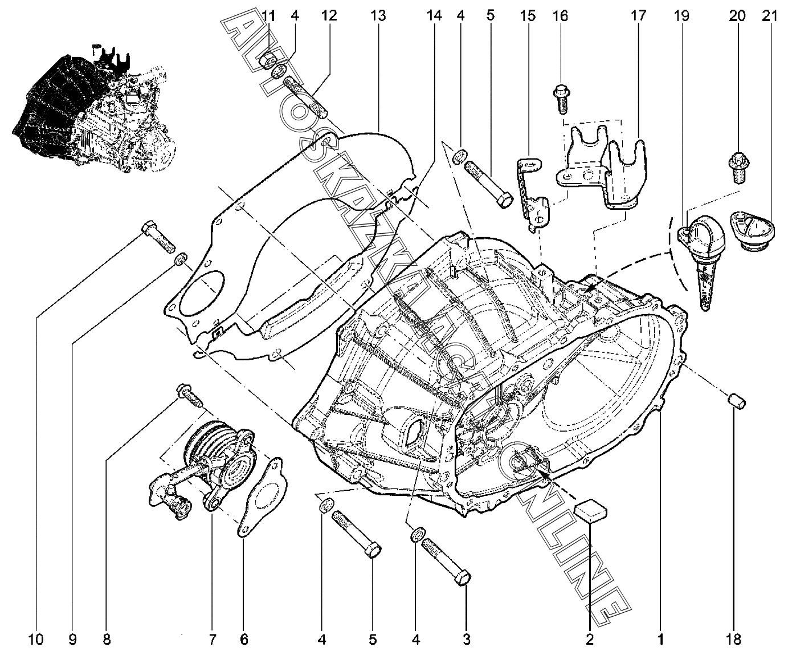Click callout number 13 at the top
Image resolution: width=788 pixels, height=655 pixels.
(x=378, y=16)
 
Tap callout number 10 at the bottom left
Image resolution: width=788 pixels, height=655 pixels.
(x=36, y=640)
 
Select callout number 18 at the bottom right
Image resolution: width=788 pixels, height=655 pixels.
(x=733, y=640)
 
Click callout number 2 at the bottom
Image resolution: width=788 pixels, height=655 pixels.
(x=590, y=640)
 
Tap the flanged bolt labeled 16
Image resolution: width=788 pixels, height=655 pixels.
(x=562, y=99)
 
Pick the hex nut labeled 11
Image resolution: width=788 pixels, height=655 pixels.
(x=268, y=59)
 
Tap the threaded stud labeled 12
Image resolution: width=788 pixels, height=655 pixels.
(x=306, y=97)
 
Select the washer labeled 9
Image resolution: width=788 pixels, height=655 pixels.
(x=181, y=259)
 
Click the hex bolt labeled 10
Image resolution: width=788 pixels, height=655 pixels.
(x=158, y=237)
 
